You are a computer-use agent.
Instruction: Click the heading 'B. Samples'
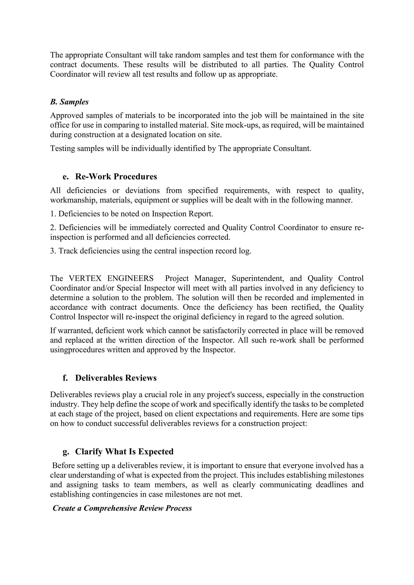pos(69,102)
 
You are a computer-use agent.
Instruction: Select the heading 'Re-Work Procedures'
pos(116,177)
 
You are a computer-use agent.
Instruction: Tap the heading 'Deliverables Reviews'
pos(116,378)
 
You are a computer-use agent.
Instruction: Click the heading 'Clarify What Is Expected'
pos(124,451)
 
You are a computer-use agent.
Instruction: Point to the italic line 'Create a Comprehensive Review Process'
pos(122,508)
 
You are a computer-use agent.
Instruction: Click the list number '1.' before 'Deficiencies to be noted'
pos(53,214)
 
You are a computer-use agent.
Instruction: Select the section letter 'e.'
pos(65,177)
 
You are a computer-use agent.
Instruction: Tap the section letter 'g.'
pos(66,451)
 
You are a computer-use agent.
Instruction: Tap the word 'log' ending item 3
pos(246,251)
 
